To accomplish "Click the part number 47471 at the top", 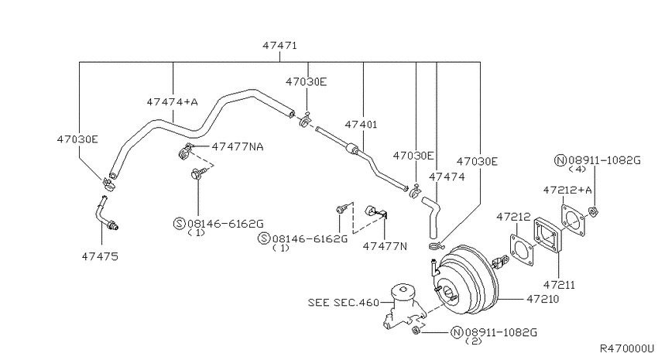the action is point(280,46).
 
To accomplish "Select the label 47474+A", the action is point(172,102).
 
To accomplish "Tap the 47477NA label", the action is point(238,146).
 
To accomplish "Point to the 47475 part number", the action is point(100,256).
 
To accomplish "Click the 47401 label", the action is point(361,125).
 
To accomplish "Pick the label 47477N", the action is point(385,246).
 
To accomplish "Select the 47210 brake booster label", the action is point(543,299).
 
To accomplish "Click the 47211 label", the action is point(559,285).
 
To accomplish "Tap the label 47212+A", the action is point(567,190).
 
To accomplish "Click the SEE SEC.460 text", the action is point(343,303).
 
